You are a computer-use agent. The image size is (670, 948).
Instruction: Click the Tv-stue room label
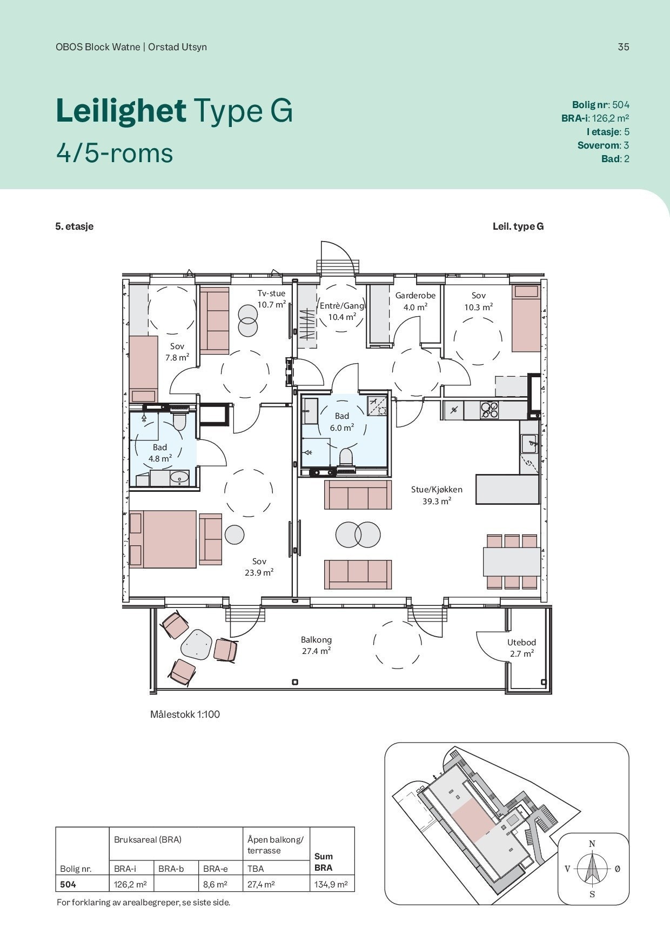tap(271, 293)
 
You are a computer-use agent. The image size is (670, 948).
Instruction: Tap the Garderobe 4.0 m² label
tap(415, 301)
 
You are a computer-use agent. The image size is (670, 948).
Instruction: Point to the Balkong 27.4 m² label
tap(316, 645)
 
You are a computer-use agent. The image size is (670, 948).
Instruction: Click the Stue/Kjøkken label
tap(437, 490)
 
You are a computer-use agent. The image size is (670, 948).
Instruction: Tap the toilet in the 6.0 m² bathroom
tap(346, 457)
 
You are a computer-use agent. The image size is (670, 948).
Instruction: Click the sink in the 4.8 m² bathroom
tap(179, 478)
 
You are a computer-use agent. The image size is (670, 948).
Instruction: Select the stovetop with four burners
tap(490, 410)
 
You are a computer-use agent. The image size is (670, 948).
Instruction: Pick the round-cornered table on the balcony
tap(196, 644)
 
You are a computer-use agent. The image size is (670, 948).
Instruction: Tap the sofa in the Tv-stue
tap(215, 321)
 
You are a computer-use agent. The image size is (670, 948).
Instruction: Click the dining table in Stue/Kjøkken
tap(511, 562)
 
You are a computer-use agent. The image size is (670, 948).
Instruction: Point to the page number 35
tap(624, 47)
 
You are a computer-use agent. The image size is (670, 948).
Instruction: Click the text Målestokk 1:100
tap(185, 715)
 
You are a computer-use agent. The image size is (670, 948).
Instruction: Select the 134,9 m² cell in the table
tap(331, 885)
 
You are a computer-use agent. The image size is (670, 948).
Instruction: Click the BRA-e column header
tap(215, 869)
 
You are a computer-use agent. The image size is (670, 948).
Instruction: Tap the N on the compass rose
tap(592, 844)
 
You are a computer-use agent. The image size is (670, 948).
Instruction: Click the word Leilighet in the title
tap(121, 111)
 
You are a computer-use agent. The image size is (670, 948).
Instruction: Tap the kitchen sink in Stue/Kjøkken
tap(528, 444)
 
